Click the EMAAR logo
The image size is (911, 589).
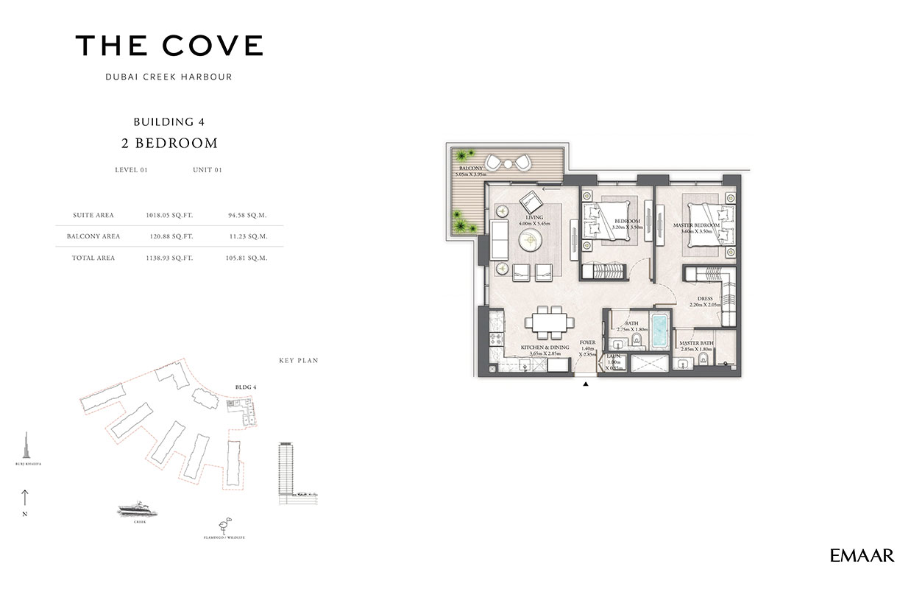[862, 556]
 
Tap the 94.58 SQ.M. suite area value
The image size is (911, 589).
[247, 215]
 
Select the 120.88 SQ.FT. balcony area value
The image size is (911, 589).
[169, 236]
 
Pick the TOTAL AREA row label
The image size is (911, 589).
[93, 258]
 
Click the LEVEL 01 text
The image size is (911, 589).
[132, 170]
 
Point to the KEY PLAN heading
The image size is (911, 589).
[298, 361]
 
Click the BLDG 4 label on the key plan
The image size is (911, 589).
[245, 387]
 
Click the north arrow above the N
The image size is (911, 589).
[24, 498]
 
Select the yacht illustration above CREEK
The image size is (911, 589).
[138, 509]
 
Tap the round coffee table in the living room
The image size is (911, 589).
[529, 240]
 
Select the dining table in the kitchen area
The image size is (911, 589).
[548, 322]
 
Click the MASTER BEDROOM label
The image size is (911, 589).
[696, 225]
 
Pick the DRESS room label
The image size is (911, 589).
[705, 299]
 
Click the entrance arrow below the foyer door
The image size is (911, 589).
[586, 384]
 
